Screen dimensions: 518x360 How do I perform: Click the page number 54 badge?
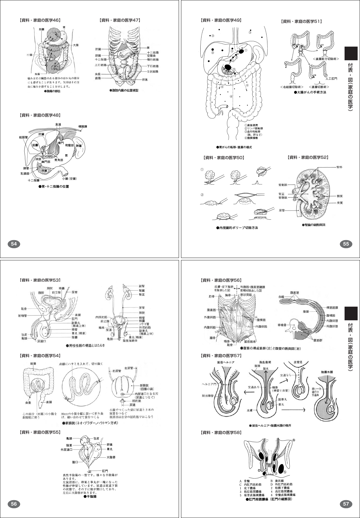coord(14,244)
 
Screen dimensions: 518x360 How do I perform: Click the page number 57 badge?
coord(346,504)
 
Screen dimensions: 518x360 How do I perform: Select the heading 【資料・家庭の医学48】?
coord(40,115)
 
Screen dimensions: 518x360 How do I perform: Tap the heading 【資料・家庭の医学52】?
coord(308,157)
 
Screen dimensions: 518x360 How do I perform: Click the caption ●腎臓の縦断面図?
coord(314,225)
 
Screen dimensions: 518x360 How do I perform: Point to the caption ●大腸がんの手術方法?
coord(310,92)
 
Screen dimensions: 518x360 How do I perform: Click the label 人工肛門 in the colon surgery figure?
coord(331,79)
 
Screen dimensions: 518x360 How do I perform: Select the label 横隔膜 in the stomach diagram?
coord(83,126)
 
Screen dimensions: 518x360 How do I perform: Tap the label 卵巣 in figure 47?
coord(145,80)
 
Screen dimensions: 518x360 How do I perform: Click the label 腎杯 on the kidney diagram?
coord(339,167)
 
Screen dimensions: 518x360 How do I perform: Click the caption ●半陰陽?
coord(90,496)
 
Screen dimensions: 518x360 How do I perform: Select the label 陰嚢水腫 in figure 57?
coord(326,371)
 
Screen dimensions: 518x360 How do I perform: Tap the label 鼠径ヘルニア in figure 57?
coord(224,362)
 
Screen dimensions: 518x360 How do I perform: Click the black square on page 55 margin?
coord(351,53)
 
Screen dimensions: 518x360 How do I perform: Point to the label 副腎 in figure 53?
coord(142,286)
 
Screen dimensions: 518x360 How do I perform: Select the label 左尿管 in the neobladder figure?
coord(130,368)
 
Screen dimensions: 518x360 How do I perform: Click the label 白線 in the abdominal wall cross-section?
coord(281,297)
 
